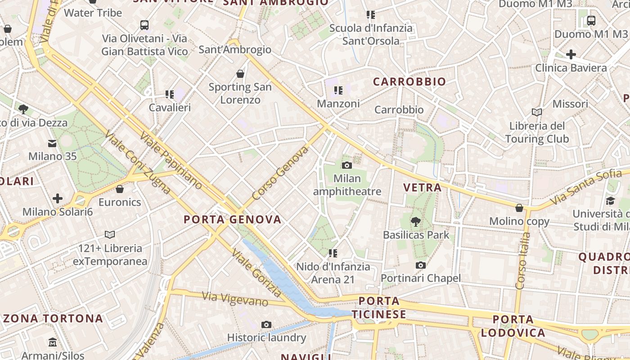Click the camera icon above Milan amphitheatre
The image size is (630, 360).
click(346, 165)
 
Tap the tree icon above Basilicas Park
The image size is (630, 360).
click(416, 221)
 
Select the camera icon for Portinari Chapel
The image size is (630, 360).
click(421, 265)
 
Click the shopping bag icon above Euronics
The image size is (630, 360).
click(120, 189)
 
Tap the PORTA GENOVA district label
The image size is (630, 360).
click(233, 220)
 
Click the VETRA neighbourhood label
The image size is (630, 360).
click(422, 188)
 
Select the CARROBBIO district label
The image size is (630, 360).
click(409, 81)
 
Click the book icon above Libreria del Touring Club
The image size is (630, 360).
click(536, 112)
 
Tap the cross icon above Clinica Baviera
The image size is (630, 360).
click(571, 54)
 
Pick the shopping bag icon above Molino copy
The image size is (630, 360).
click(519, 207)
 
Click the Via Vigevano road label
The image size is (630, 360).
click(235, 299)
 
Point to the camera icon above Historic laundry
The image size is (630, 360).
click(266, 324)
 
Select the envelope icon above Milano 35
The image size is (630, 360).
click(52, 143)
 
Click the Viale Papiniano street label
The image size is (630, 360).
click(171, 160)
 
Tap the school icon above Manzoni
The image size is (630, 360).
click(338, 90)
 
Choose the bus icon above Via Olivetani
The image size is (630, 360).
click(144, 25)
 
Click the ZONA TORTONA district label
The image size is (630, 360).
click(54, 319)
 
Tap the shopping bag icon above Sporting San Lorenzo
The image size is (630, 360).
click(240, 73)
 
